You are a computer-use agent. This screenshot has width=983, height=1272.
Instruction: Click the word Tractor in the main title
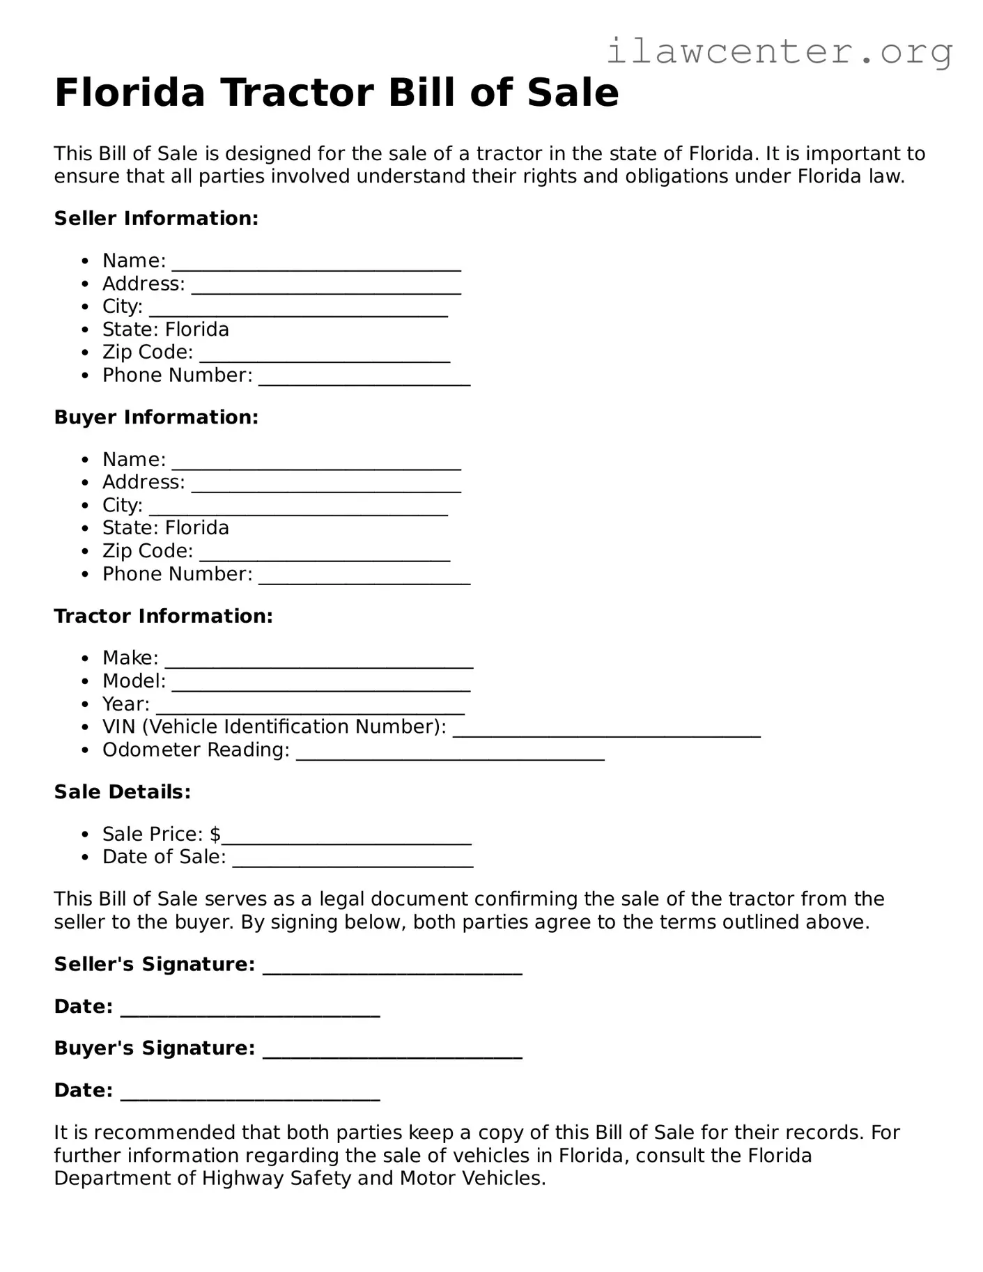pos(297,93)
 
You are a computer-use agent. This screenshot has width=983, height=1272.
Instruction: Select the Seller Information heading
pos(156,218)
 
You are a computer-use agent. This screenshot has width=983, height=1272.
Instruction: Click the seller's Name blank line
pos(316,265)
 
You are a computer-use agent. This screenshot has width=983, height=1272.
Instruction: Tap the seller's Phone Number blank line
pos(364,380)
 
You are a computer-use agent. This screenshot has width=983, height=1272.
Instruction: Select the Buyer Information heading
pos(156,417)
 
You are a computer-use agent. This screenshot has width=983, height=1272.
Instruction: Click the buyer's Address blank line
pos(326,487)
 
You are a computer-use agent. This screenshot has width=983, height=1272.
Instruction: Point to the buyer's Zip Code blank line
pos(325,556)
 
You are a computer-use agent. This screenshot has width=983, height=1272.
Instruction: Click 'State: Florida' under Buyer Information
pos(165,527)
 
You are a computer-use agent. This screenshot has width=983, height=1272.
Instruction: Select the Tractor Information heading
pos(163,616)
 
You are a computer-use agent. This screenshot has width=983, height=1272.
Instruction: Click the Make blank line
pos(319,663)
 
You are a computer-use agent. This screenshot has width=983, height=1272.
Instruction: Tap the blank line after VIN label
pos(606,732)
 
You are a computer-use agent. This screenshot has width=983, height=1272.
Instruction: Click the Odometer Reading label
pos(196,750)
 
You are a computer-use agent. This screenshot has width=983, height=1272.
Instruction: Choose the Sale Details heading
pos(122,791)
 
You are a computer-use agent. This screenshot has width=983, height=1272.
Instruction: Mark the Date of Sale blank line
pos(353,862)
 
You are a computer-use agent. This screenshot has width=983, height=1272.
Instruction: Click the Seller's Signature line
pos(392,970)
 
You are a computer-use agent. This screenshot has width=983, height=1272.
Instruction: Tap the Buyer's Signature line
pos(392,1053)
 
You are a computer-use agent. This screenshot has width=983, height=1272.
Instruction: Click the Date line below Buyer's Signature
pos(250,1095)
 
